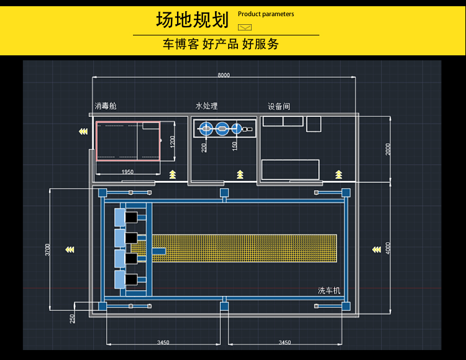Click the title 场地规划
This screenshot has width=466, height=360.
pos(192,21)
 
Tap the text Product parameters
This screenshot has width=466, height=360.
pos(266,14)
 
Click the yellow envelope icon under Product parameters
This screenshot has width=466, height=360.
pos(245,27)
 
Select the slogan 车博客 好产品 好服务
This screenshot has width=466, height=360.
pos(221,44)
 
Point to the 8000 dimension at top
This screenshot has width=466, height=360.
pos(224,75)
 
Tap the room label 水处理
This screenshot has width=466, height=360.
pos(206,106)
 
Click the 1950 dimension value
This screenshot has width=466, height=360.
pos(127,172)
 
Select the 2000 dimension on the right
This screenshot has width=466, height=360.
pos(388,149)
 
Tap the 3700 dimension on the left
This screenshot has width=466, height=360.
pos(48,250)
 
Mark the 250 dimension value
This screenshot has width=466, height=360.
pos(73,318)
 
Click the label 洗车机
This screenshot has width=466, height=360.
pos(329,290)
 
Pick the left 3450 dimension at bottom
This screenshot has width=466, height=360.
pos(163,342)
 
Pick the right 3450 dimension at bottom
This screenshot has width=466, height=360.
pos(284,342)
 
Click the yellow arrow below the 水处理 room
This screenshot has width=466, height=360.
pos(240,173)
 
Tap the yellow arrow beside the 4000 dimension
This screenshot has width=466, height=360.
pos(376,250)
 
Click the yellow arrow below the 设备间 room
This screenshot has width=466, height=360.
pos(339,173)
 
